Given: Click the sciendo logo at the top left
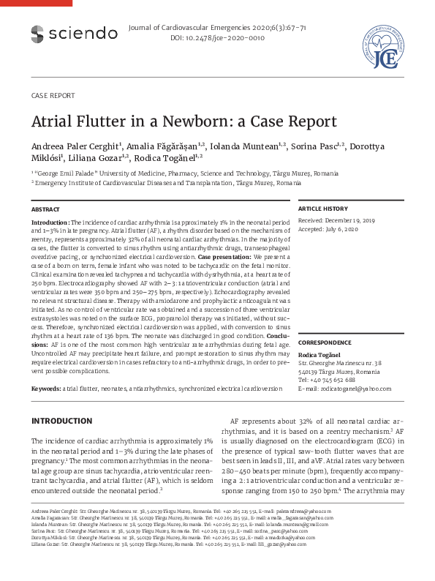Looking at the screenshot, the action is (x=73, y=33).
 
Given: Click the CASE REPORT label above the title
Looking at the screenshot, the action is (x=53, y=96).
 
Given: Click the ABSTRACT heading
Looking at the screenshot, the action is (x=45, y=209).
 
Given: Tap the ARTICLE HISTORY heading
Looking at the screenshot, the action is (x=323, y=209).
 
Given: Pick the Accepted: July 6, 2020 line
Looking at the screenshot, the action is (x=328, y=229).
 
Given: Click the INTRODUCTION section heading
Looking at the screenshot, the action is (x=62, y=421).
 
